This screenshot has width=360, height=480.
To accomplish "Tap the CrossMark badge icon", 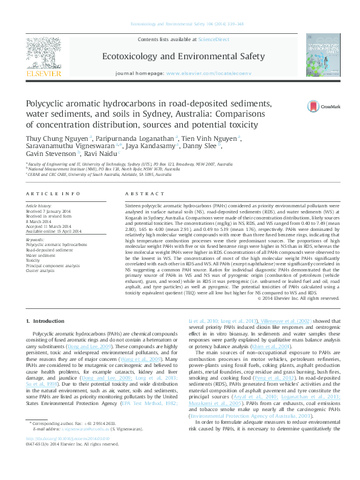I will coord(317,106).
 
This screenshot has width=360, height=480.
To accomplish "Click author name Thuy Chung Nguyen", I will coord(57,138).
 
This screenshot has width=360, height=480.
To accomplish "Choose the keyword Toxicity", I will coord(34,260).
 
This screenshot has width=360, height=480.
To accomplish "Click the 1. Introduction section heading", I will coord(49,320).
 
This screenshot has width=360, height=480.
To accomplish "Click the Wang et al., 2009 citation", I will coord(148,358).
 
